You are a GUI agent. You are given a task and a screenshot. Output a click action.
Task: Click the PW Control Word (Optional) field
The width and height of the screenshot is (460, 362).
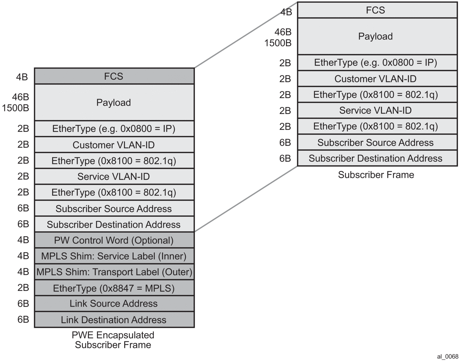(114, 240)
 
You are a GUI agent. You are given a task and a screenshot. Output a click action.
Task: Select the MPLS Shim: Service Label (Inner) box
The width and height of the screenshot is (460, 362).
(114, 256)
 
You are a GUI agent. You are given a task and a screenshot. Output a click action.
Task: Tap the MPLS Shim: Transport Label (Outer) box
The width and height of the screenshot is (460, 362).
(114, 272)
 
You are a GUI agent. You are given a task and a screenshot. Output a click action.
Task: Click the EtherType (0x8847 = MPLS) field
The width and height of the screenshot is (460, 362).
(114, 288)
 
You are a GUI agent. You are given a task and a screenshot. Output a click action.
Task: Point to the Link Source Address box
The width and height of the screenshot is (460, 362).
(114, 304)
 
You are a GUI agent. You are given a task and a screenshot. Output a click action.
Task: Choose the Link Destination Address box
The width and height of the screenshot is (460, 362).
(114, 320)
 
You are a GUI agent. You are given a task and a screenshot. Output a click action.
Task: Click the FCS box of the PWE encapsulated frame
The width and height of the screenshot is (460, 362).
(114, 76)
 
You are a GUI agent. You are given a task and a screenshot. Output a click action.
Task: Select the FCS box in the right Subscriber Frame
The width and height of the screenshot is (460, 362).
(375, 10)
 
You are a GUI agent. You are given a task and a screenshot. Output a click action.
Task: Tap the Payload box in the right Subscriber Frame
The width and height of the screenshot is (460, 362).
(375, 36)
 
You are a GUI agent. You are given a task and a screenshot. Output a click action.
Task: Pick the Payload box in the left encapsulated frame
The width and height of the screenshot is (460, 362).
(114, 103)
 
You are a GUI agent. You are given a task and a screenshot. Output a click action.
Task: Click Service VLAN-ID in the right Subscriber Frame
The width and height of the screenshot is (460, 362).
(375, 110)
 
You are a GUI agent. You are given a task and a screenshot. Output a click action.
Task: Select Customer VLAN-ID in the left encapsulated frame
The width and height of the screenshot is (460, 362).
(114, 145)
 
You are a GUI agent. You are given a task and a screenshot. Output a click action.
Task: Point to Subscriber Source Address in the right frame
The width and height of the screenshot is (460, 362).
(375, 143)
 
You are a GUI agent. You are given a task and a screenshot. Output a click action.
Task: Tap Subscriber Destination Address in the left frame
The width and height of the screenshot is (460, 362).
(114, 224)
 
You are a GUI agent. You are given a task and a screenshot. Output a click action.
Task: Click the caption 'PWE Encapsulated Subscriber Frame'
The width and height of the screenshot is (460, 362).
(113, 340)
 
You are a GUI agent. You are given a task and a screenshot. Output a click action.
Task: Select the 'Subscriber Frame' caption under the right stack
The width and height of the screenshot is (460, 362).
(376, 175)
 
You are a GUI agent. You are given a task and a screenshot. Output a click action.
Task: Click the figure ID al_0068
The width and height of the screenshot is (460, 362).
(448, 356)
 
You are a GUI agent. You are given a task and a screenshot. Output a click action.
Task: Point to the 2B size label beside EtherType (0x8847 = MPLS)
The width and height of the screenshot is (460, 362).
(23, 288)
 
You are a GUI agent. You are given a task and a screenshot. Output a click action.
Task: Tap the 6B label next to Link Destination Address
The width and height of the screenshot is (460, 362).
(23, 319)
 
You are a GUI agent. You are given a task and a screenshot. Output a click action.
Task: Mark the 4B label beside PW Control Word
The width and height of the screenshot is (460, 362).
(23, 240)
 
